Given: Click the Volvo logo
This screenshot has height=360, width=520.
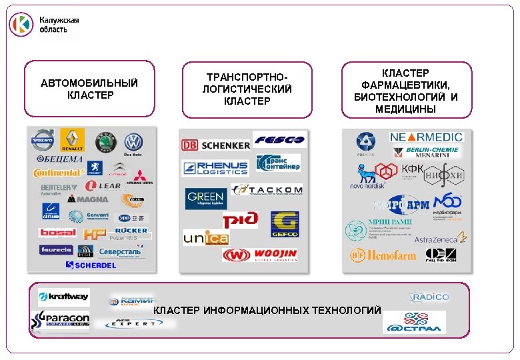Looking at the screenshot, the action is click(x=44, y=141).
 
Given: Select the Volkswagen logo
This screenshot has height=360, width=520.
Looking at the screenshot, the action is click(x=134, y=142).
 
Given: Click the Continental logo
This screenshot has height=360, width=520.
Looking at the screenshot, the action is click(x=59, y=173).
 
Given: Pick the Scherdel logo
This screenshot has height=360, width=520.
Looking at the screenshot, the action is click(x=91, y=265).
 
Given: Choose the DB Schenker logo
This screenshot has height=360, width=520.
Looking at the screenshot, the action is click(x=215, y=145).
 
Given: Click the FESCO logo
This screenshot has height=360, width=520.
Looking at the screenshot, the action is click(x=278, y=140).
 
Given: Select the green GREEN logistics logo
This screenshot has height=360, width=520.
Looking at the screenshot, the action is click(x=205, y=198).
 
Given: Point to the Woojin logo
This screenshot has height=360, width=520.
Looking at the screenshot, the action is click(x=260, y=255).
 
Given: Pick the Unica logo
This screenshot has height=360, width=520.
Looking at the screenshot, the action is click(x=206, y=237).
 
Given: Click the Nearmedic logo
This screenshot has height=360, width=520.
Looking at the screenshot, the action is click(x=426, y=137).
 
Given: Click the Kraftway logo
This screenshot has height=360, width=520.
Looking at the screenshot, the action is click(x=63, y=297).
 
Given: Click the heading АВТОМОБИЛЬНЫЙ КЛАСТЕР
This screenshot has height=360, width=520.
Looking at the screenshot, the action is click(x=89, y=89).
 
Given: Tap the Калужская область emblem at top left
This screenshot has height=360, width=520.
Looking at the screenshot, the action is click(x=21, y=25).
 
